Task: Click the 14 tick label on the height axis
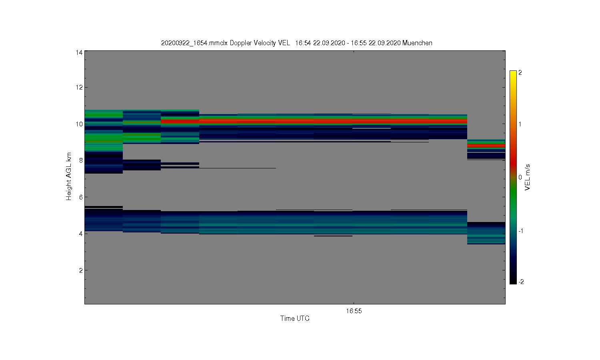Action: [x=79, y=52]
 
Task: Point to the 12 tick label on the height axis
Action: [x=79, y=87]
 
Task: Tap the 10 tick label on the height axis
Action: [x=79, y=124]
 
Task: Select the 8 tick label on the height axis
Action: [x=81, y=160]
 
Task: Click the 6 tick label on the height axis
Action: [x=81, y=197]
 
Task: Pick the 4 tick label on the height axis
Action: [x=81, y=234]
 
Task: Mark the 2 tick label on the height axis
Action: [x=81, y=270]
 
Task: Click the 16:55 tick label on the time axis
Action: [x=354, y=311]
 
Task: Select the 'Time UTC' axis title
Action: [x=295, y=318]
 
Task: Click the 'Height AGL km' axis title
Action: [x=68, y=176]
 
